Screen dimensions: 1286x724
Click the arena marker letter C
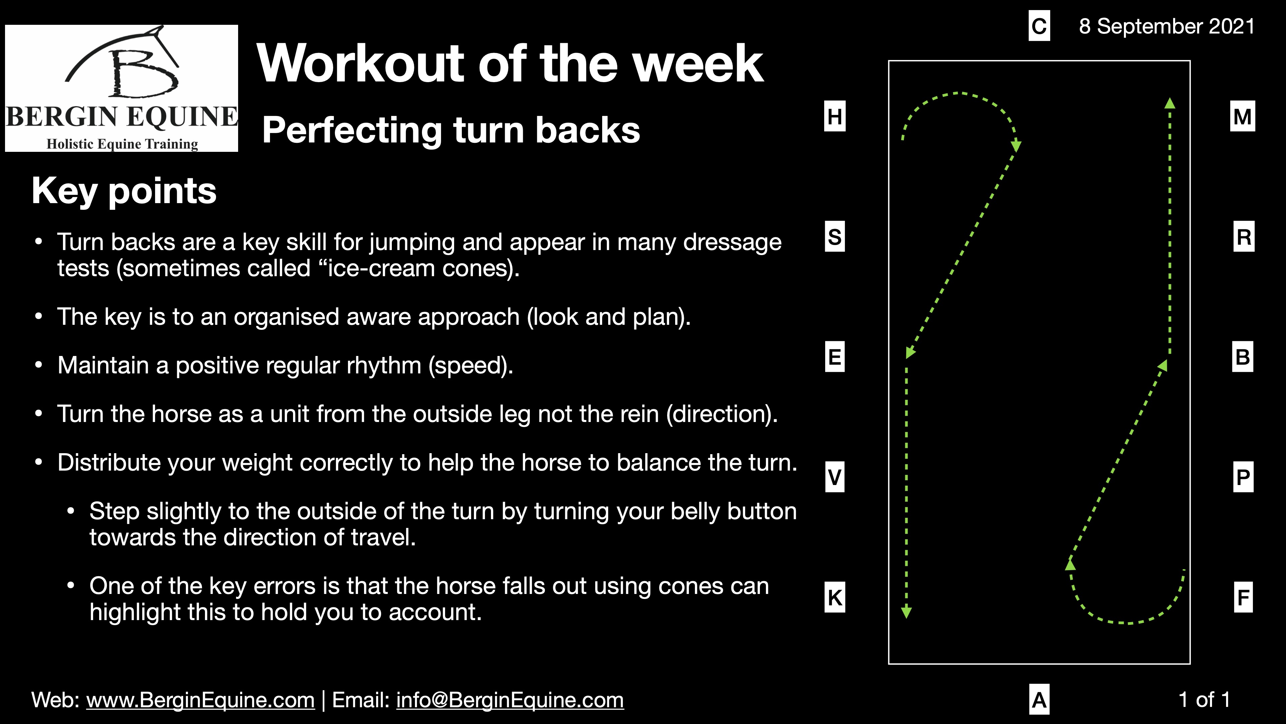point(1040,26)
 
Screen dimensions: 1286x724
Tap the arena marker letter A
point(1040,700)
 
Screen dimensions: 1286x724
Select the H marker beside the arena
point(835,116)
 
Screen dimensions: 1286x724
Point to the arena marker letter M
point(1242,116)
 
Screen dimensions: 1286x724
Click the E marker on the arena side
point(835,357)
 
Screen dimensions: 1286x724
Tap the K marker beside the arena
point(835,597)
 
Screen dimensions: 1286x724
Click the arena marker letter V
point(835,477)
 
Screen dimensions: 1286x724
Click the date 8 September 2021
point(1167,26)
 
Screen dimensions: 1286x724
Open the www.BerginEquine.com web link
point(200,700)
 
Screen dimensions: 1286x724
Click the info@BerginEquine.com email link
point(510,700)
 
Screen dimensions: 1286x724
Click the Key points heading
point(124,191)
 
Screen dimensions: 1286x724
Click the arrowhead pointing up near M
point(1170,104)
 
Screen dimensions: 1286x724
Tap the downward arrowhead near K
point(907,613)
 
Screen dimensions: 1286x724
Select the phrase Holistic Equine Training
point(122,144)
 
